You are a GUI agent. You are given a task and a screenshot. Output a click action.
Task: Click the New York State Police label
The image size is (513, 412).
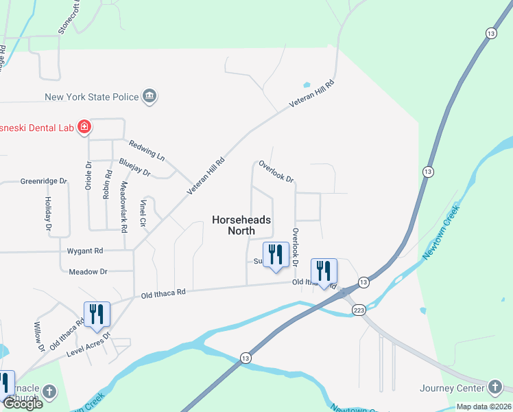(x=92, y=97)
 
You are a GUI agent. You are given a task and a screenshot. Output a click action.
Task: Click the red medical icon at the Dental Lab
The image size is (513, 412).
(x=84, y=126)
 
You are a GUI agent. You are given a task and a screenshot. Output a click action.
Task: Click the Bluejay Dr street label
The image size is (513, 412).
(x=134, y=167)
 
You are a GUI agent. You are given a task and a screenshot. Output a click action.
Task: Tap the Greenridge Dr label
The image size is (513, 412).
(x=44, y=181)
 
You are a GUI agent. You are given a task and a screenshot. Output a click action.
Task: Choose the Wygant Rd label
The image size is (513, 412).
(x=84, y=251)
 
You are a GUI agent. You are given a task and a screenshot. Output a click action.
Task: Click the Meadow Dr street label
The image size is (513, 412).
(x=88, y=272)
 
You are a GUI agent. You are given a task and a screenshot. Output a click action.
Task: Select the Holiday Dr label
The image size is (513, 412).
(x=49, y=213)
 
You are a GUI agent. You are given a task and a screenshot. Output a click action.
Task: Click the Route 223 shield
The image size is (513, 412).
(x=358, y=311)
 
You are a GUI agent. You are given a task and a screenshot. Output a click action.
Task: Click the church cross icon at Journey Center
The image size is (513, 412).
(x=494, y=387)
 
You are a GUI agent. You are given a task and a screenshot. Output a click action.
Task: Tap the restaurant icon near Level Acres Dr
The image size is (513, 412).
(x=97, y=314)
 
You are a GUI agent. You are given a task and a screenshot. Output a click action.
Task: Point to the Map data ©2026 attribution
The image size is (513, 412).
(x=483, y=407)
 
